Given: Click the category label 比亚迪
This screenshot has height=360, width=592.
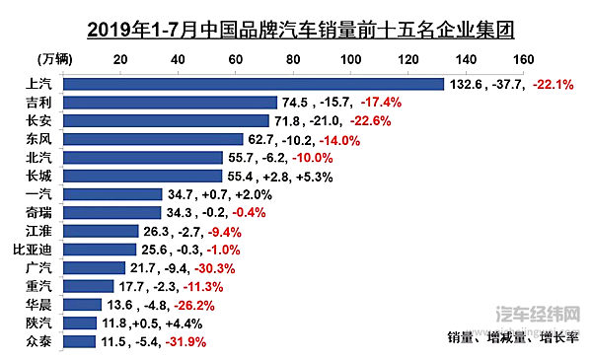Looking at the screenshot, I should point(34,250).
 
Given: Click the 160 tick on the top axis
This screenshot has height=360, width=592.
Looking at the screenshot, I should point(524,58).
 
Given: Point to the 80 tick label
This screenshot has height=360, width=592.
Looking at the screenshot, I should point(293,58).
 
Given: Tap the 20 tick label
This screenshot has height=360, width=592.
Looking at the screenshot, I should point(120,58).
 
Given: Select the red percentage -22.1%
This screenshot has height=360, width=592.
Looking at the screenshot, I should point(555,85).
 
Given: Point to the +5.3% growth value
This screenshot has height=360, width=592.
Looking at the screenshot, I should point(316,177).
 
